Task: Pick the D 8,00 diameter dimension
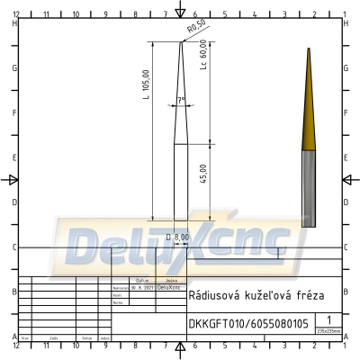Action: [x=178, y=237]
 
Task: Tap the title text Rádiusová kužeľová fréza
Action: [x=250, y=295]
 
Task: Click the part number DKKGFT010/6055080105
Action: [x=247, y=323]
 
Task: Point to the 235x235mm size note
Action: [x=329, y=331]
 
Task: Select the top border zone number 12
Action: [x=17, y=15]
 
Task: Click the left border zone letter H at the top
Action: [x=15, y=23]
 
